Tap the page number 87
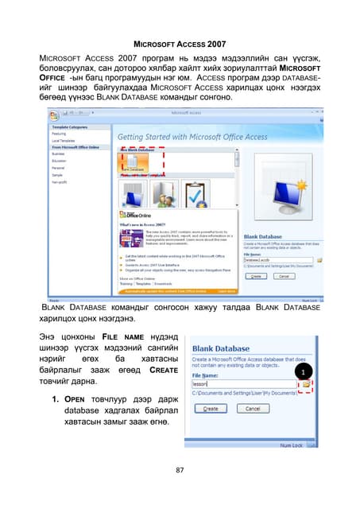click(x=180, y=470)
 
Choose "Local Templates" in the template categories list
click(x=64, y=140)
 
